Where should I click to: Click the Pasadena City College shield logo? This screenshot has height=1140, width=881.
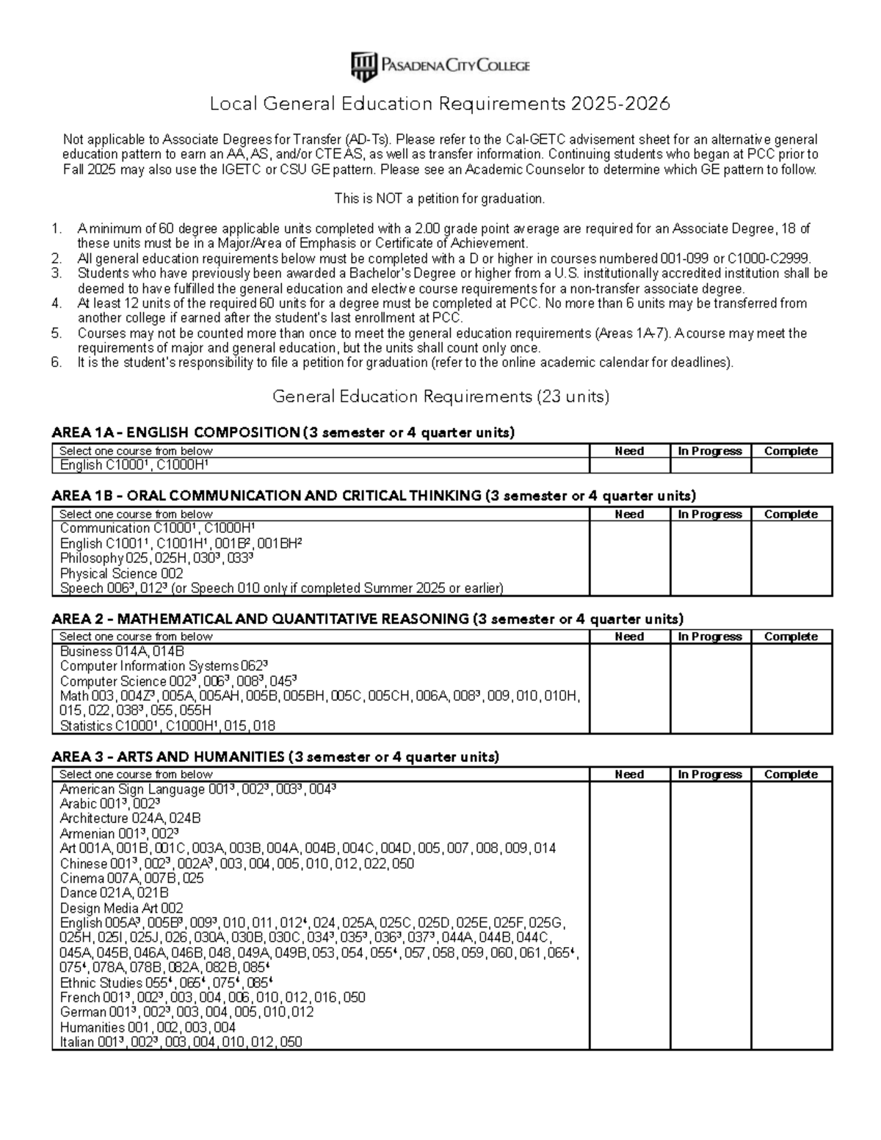point(364,67)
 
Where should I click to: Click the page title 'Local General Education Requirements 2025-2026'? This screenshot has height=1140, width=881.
point(440,104)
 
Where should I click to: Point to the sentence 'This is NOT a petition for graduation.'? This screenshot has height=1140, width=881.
point(440,199)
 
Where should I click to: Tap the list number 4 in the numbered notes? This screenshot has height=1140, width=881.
point(57,303)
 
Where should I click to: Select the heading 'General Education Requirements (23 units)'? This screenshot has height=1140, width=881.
point(440,397)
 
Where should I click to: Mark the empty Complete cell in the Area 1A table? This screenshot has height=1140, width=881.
point(791,465)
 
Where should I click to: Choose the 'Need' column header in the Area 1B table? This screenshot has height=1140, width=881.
point(629,515)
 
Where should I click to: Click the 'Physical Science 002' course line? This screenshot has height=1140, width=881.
point(122,573)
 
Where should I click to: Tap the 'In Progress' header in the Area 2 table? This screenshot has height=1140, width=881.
point(710,637)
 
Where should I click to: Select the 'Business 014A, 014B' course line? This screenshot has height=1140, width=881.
point(122,651)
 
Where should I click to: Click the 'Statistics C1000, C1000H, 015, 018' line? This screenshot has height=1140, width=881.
point(168,726)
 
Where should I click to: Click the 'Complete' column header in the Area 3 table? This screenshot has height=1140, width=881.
point(791,774)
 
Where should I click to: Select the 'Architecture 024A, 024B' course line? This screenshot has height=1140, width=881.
point(131,818)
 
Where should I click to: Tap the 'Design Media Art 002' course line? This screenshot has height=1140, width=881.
point(122,908)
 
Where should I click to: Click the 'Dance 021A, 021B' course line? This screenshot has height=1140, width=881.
point(115,893)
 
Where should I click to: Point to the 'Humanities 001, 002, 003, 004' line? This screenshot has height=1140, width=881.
point(148,1027)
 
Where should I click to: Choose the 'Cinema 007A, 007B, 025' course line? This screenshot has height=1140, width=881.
point(132,878)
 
